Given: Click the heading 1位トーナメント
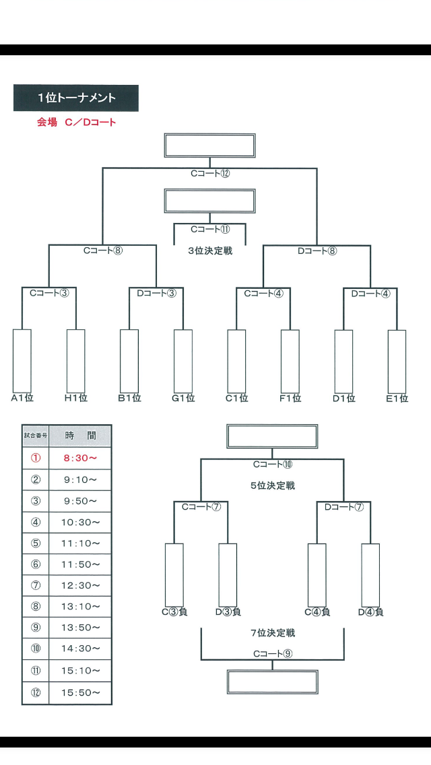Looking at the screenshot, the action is coord(76,98).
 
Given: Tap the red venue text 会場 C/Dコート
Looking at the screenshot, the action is coord(76,123).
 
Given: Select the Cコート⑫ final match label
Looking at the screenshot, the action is coord(210,173).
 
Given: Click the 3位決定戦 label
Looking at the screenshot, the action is coord(210,252).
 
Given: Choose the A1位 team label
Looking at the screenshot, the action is coord(22,398).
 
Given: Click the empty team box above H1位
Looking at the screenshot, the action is coord(75,360).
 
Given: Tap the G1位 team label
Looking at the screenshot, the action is coord(183,398).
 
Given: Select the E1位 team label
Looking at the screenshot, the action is coord(397,398).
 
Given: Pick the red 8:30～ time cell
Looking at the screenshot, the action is coord(81,458).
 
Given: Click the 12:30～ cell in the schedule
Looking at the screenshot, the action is coord(81,585).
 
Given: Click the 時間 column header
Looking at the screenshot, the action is coord(81,436).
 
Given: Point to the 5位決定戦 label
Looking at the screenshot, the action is coord(273,486).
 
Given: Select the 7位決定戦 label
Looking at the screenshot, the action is coord(273,633).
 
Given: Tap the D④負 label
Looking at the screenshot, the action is coord(370,612).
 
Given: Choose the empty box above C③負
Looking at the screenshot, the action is coord(174,574).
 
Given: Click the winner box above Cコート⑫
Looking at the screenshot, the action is coord(210,145).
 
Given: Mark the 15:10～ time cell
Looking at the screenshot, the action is coord(81,671).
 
